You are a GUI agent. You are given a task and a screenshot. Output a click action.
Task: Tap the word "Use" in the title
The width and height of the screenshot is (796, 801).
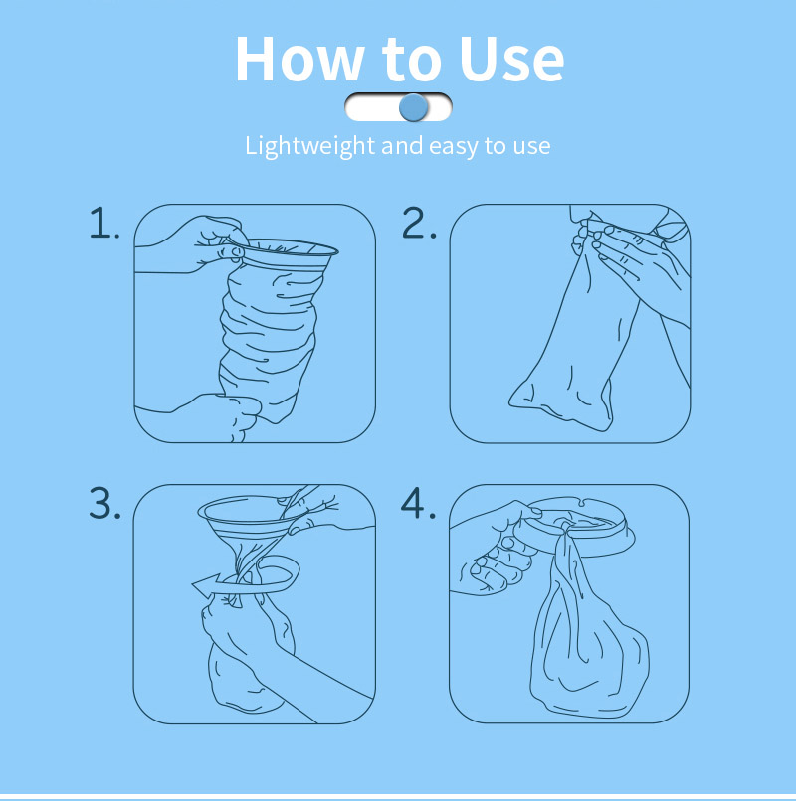511,59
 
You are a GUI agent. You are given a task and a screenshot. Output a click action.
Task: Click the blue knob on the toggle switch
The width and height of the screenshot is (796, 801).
413,107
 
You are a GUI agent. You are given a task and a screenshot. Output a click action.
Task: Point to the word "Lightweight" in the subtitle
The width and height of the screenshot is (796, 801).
310,147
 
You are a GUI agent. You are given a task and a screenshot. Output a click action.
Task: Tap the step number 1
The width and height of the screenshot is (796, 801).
103,223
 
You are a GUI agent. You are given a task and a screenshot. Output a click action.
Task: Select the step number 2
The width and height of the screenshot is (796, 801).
419,223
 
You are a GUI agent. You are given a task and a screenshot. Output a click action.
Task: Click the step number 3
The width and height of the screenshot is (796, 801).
104,503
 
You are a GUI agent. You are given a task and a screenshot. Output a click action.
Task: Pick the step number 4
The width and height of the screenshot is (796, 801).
418,503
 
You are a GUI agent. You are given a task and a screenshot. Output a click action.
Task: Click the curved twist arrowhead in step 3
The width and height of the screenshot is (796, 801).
206,585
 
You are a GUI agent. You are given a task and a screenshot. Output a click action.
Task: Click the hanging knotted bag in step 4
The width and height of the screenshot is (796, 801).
588,649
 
